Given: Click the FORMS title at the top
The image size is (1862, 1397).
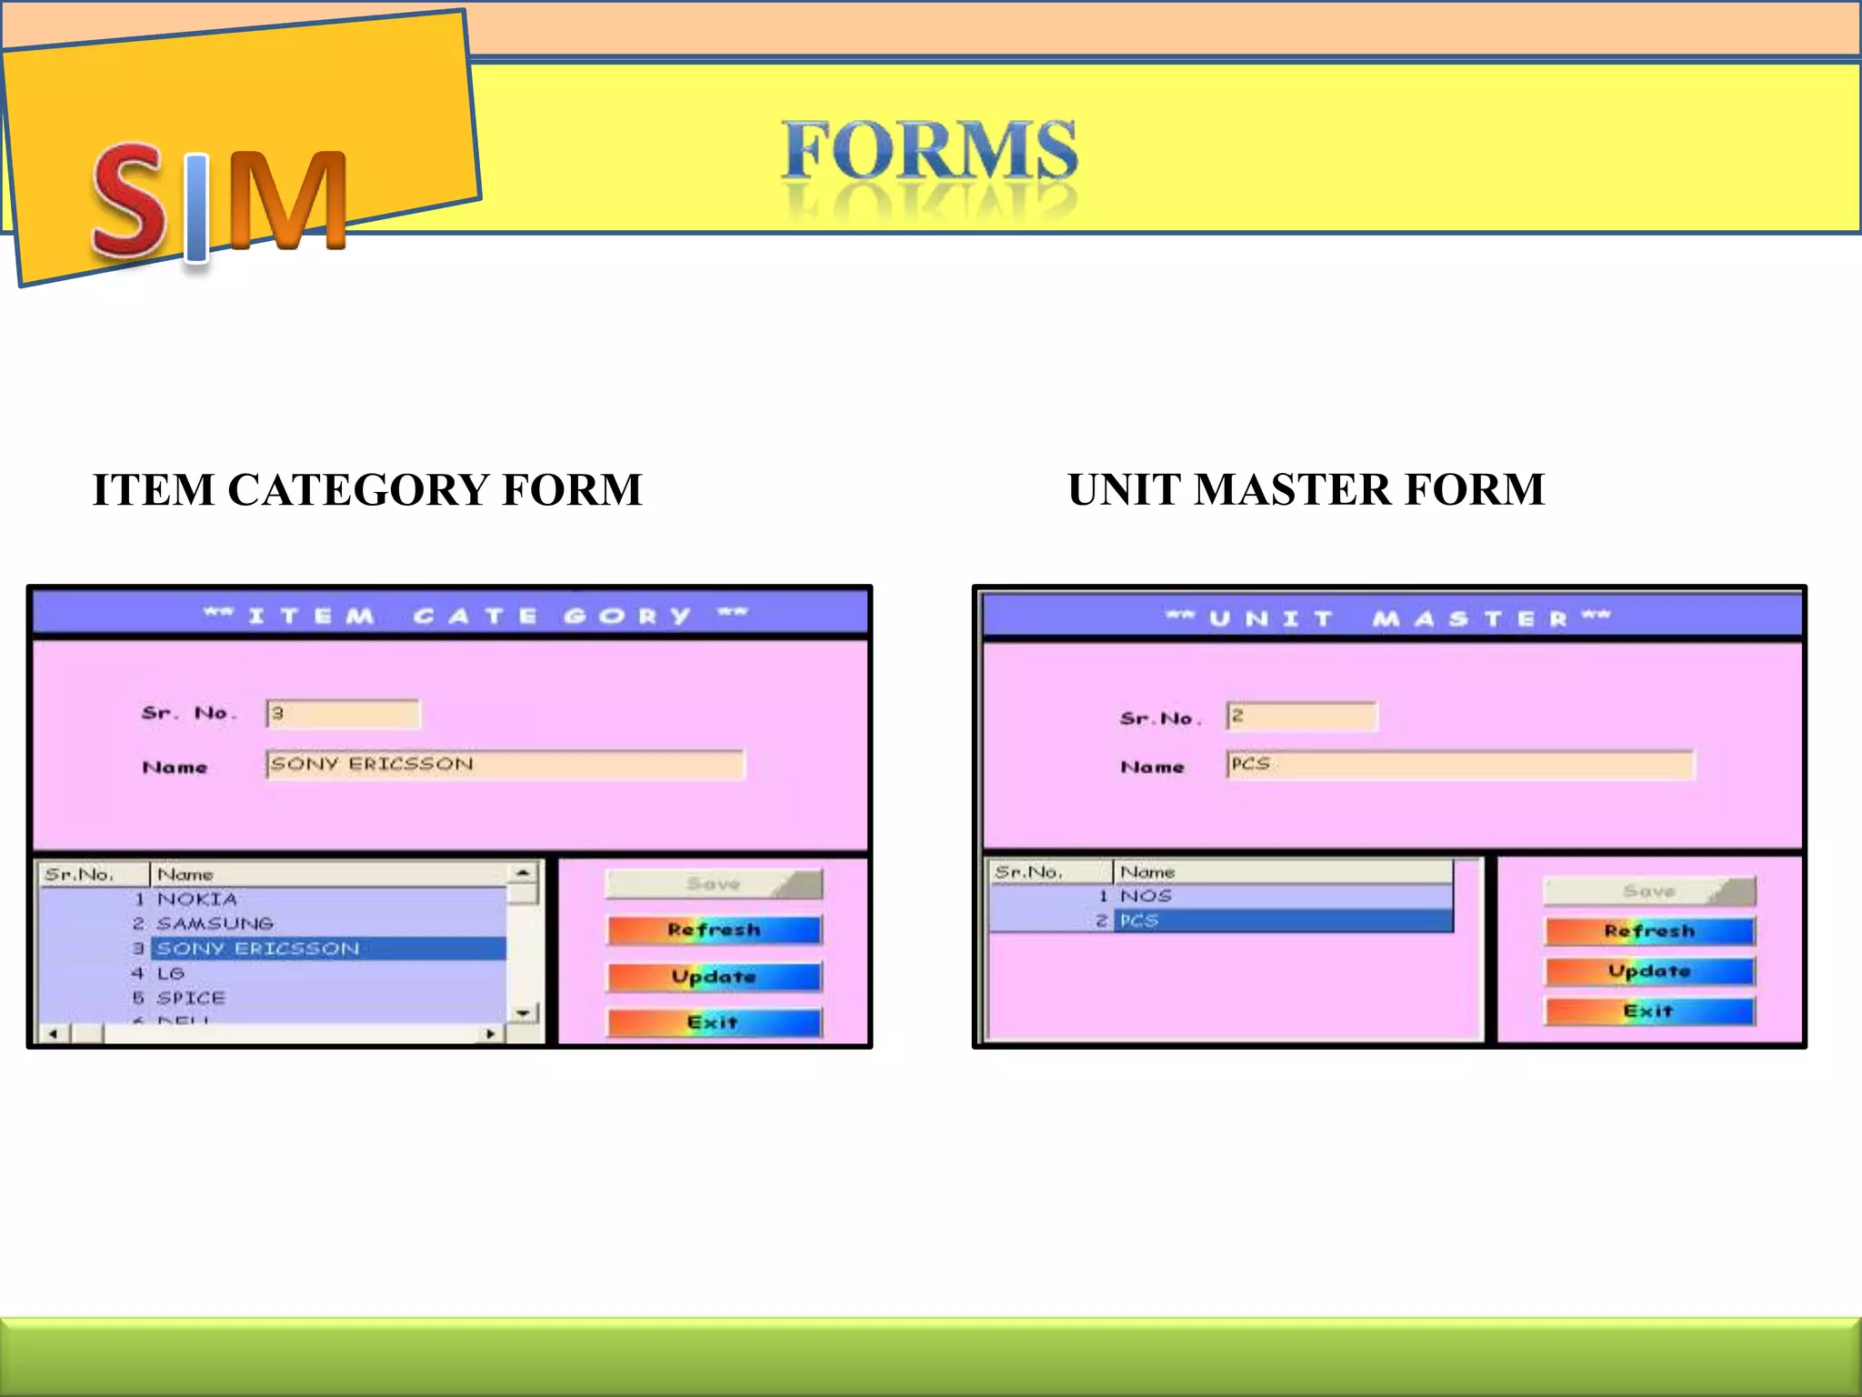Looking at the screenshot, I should [929, 151].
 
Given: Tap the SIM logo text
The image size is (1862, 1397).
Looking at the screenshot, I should [219, 202].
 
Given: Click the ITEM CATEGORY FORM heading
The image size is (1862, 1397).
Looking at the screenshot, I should [367, 489].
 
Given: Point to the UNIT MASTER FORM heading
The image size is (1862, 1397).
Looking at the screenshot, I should [1306, 489].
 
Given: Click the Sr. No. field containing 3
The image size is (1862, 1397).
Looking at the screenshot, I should [343, 714].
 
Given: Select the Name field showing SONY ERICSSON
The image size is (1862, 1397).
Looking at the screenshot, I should [505, 764].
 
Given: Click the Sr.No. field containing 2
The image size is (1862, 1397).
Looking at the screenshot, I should [1301, 717].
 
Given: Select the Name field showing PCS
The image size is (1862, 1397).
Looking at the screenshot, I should [1459, 764].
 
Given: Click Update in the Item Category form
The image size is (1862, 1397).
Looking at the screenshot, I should [714, 977].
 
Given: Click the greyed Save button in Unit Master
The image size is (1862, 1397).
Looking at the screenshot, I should [1649, 891].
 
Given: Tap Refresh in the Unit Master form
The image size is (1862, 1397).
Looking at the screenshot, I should [1649, 931].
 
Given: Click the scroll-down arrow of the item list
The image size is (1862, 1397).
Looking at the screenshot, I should [523, 1012].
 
